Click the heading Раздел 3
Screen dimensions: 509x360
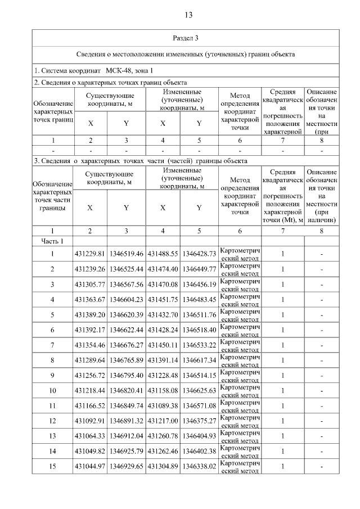[185, 38]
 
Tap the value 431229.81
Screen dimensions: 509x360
[89, 254]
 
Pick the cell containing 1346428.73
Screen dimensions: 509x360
[199, 254]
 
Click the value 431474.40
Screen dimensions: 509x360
[163, 269]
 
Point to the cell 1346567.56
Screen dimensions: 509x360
[126, 284]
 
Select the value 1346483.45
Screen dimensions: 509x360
[199, 299]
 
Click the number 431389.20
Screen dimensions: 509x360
[89, 314]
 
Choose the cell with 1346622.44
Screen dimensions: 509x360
[126, 330]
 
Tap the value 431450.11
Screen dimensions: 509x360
[163, 345]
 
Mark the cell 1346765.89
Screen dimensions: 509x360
[126, 360]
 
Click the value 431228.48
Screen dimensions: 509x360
[163, 375]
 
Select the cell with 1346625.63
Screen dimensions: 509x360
[199, 390]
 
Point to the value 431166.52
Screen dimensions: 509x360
[89, 406]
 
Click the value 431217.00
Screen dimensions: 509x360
[163, 421]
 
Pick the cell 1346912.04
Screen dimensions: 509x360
[126, 436]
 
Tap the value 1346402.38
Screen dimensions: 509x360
[199, 451]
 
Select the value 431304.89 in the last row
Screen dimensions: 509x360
[163, 466]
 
